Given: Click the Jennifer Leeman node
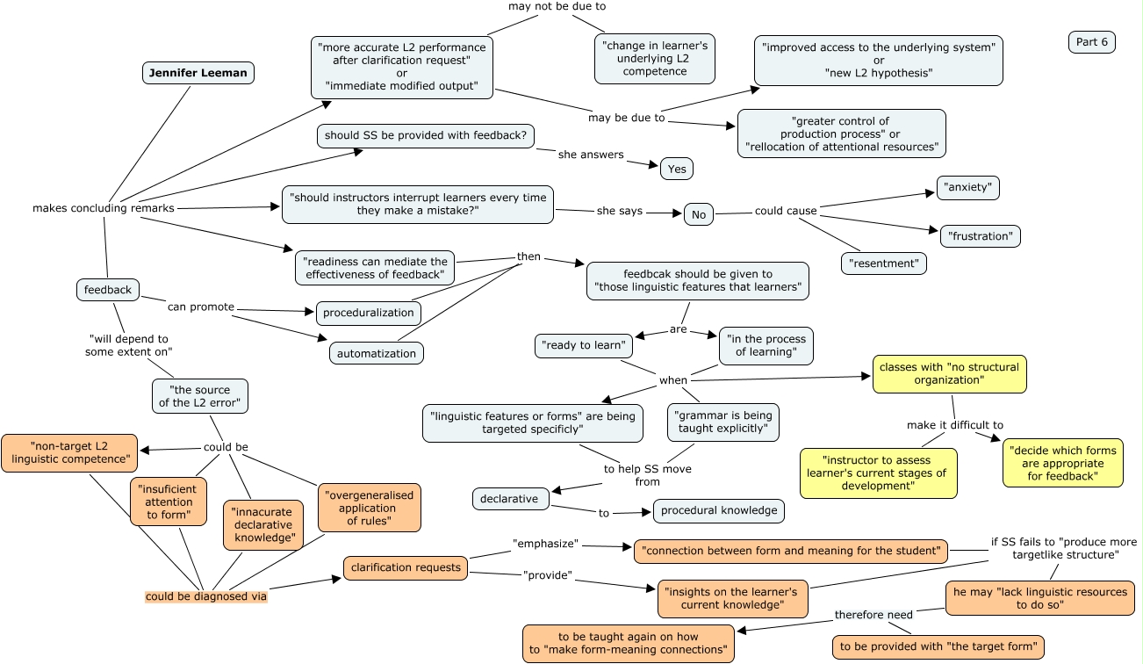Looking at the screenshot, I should [x=198, y=73].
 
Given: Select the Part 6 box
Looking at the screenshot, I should [x=1091, y=42].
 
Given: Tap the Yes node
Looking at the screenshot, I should [x=676, y=169].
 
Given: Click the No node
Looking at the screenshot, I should [x=698, y=214].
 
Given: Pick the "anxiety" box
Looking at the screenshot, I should [x=967, y=187].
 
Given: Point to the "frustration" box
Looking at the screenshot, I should [x=980, y=236].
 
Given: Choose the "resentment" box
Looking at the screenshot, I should [x=883, y=263].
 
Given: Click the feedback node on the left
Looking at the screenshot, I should [x=108, y=290].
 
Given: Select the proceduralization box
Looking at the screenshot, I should [x=368, y=313].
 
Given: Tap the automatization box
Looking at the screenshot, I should [x=377, y=353].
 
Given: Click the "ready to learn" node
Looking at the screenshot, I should [x=583, y=345].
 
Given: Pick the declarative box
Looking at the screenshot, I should [x=510, y=499].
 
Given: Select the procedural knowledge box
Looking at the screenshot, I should [x=718, y=510].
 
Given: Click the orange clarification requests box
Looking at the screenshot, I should [x=406, y=567].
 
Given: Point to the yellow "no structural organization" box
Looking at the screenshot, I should [x=948, y=374].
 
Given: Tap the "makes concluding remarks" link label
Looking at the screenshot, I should [x=103, y=208].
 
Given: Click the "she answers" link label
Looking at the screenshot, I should [x=591, y=155].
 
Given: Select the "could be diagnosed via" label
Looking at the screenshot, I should [x=205, y=596].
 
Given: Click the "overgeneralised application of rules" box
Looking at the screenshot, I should [x=368, y=508].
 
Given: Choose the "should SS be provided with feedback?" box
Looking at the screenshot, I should [x=425, y=136].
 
